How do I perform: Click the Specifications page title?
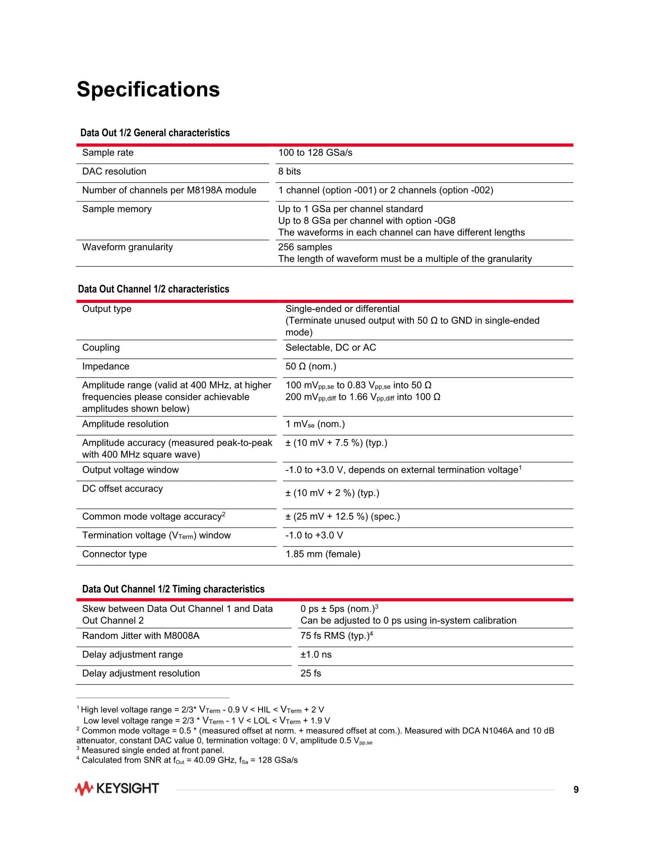[148, 89]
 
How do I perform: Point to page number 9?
[576, 790]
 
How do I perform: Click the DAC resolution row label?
[114, 171]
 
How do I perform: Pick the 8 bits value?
[289, 171]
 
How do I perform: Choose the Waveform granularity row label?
[127, 247]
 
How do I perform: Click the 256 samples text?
[305, 247]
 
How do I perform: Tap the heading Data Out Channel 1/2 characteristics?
[153, 289]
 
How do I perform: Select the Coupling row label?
[101, 348]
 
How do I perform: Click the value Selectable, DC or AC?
[330, 348]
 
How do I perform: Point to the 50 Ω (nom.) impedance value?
[310, 367]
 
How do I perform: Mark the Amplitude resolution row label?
[125, 424]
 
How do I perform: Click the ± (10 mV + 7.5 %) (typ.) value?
[336, 443]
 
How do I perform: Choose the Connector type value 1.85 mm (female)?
[323, 554]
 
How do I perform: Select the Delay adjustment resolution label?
[141, 673]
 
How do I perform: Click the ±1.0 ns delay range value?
[316, 655]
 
